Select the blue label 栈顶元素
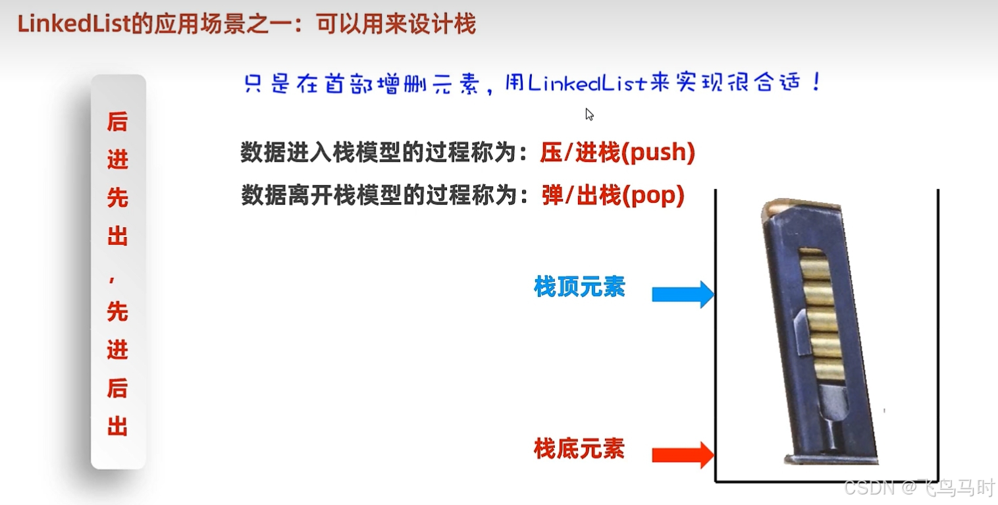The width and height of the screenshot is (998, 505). click(579, 287)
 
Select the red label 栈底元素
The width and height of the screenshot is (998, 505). click(579, 450)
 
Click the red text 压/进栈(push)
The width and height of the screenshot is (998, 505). click(617, 153)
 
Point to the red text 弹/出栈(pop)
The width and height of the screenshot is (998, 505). click(614, 196)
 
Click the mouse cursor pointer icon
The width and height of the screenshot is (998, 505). click(589, 115)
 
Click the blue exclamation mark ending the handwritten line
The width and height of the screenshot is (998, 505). click(817, 82)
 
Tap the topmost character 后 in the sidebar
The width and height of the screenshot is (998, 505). click(117, 122)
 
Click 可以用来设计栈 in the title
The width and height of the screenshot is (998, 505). click(395, 25)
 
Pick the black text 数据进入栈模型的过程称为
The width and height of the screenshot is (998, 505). click(376, 153)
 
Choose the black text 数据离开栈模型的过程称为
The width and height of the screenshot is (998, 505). click(376, 196)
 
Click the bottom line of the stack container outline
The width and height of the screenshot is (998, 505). click(826, 482)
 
